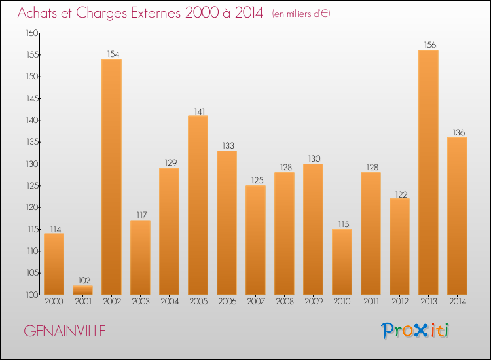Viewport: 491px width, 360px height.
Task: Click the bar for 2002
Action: click(111, 177)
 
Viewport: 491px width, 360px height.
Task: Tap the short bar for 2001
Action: click(82, 290)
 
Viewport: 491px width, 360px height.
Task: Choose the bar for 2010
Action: click(342, 262)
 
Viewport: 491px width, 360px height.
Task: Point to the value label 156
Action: click(428, 45)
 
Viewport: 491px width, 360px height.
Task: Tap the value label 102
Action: click(82, 281)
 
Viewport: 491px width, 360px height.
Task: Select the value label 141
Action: click(198, 111)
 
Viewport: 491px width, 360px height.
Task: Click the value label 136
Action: click(457, 133)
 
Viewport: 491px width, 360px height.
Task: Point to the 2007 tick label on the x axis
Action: click(255, 302)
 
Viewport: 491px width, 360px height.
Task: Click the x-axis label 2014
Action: click(457, 302)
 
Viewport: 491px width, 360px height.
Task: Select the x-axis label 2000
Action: click(54, 302)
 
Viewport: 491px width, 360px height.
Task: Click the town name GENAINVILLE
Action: click(64, 331)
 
